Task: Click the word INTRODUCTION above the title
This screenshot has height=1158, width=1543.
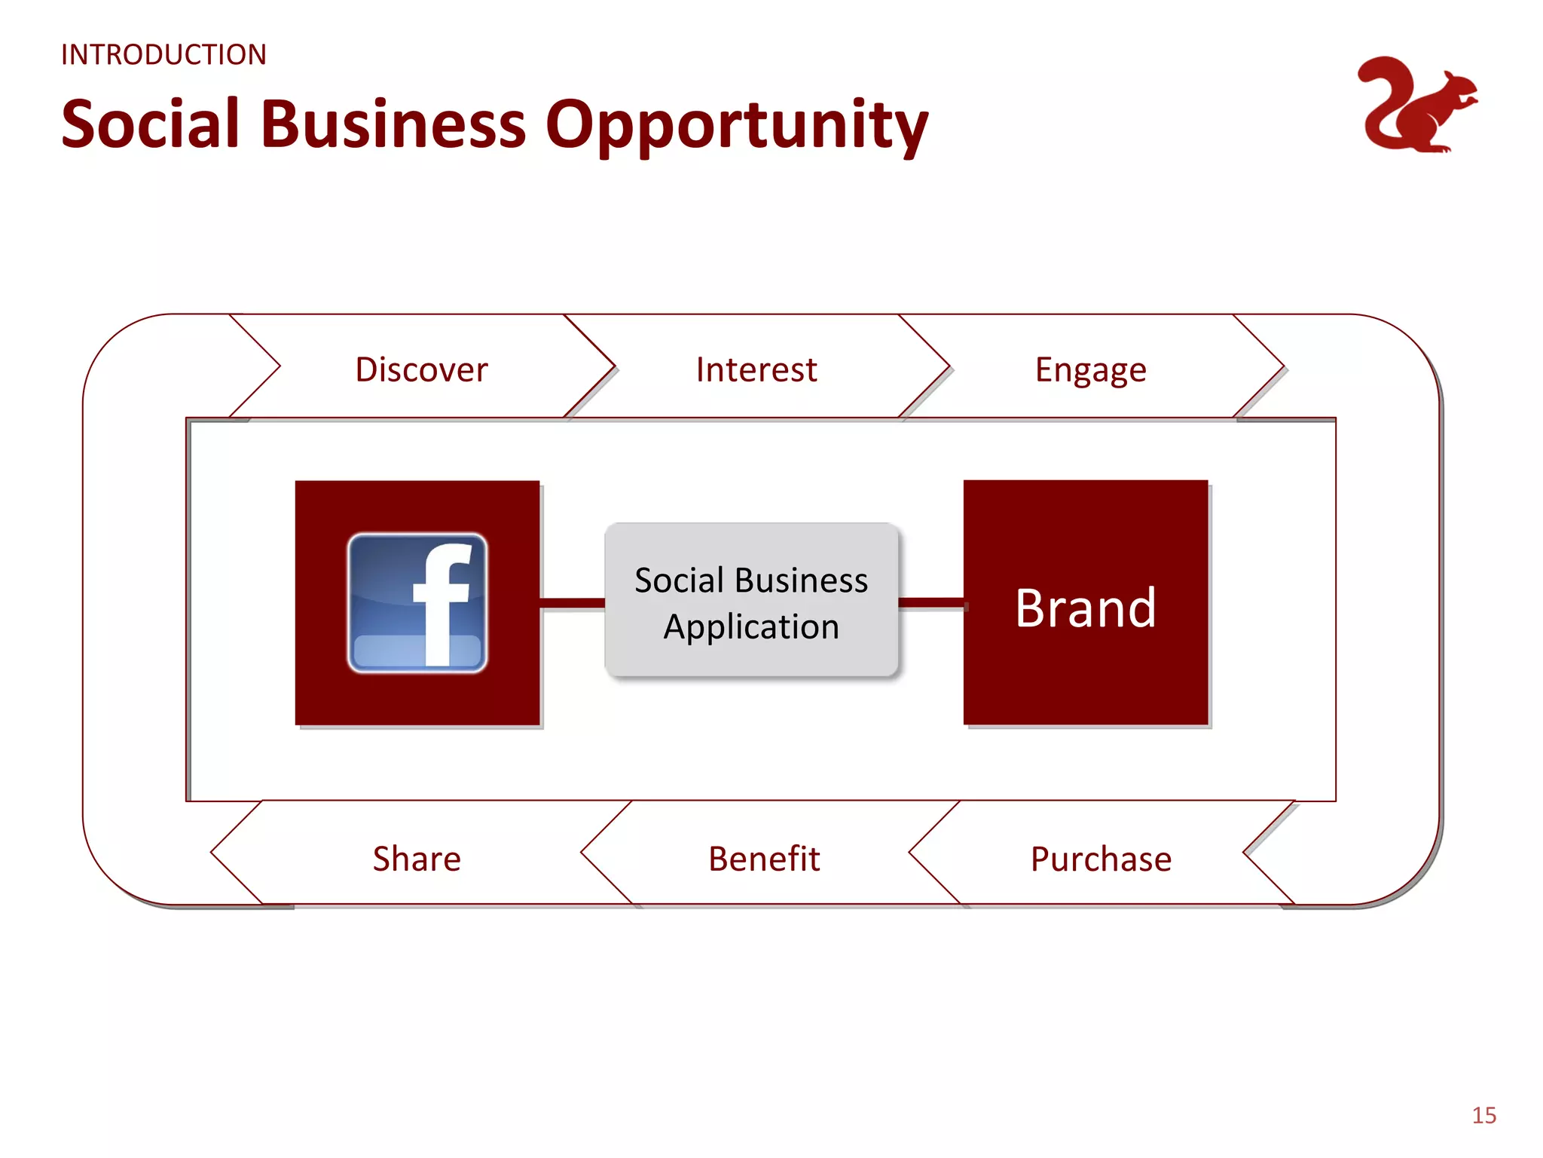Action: tap(163, 55)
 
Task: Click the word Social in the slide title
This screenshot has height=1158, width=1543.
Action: tap(150, 124)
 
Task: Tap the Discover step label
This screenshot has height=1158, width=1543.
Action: tap(421, 369)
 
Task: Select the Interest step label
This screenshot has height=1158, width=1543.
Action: tap(756, 369)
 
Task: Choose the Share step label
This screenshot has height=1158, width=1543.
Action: tap(417, 859)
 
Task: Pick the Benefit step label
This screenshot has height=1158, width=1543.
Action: tap(764, 859)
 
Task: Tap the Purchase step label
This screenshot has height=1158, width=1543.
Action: tap(1101, 859)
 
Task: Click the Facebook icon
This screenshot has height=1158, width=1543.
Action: tap(417, 602)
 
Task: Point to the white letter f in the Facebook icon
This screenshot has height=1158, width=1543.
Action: tap(445, 603)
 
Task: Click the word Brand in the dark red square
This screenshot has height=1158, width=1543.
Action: tap(1085, 608)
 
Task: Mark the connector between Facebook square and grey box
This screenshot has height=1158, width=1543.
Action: tap(572, 602)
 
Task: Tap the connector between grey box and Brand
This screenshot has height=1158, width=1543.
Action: tap(931, 602)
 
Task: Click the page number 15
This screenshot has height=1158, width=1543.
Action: tap(1483, 1115)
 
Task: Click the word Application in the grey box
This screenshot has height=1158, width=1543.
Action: tap(751, 626)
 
